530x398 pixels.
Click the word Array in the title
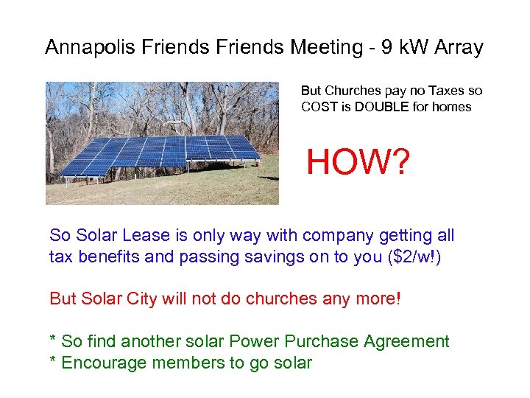click(x=458, y=48)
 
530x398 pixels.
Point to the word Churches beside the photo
click(x=361, y=91)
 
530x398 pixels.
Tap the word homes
click(x=451, y=106)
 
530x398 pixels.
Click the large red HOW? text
click(x=357, y=161)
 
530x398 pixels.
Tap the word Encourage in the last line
click(x=102, y=363)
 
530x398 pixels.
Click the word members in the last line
click(x=180, y=363)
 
